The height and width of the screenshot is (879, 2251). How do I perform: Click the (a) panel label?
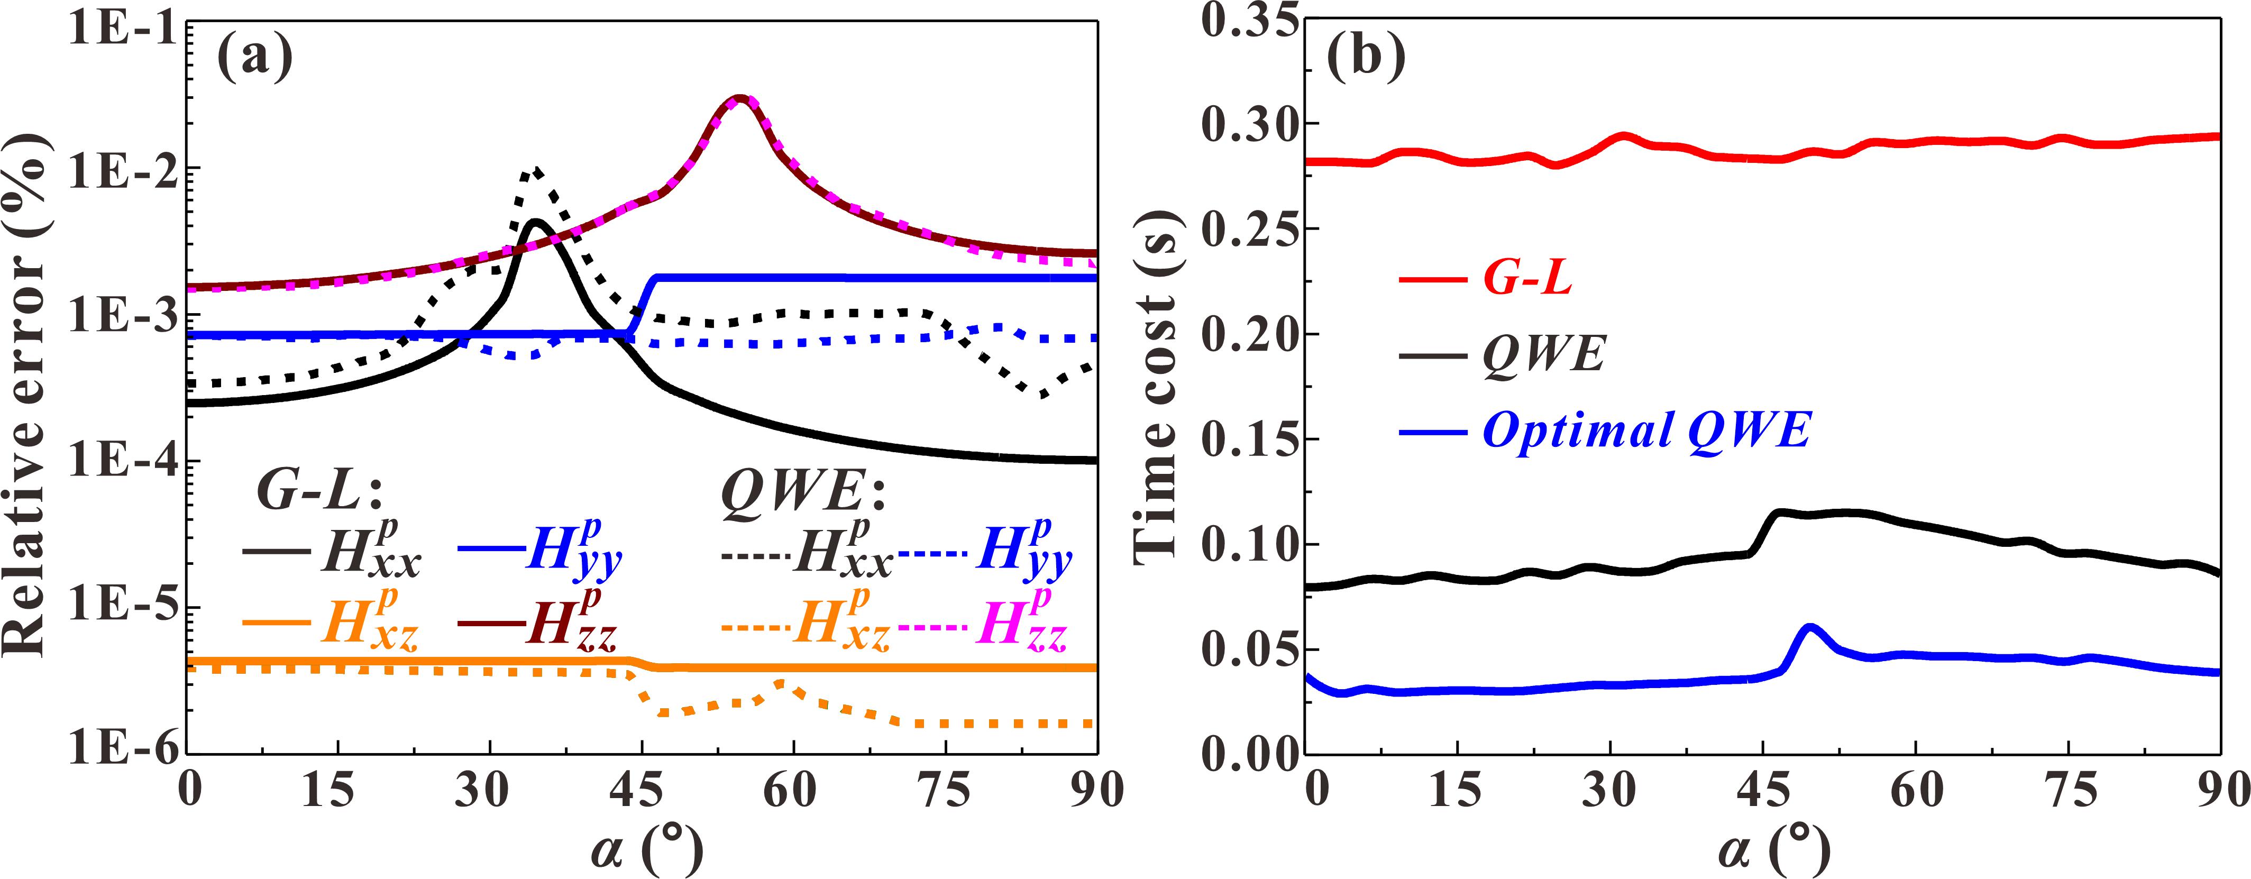(254, 59)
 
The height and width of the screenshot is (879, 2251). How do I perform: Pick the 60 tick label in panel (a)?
(791, 791)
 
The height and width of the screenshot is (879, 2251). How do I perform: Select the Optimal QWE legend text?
(1646, 431)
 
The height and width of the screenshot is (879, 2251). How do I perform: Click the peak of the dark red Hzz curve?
(739, 98)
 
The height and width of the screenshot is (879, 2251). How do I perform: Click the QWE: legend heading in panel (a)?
(803, 493)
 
